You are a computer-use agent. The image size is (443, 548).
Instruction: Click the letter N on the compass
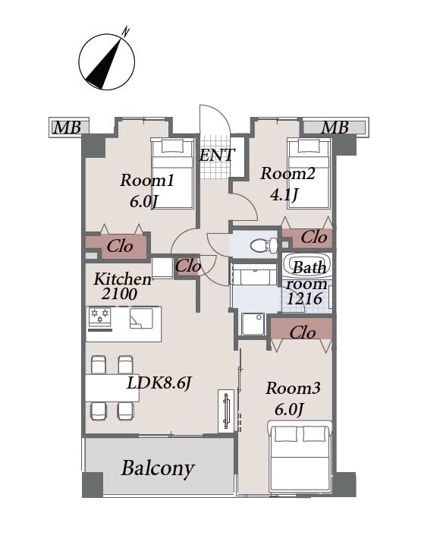tap(125, 32)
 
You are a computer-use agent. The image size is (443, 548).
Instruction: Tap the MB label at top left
tap(67, 128)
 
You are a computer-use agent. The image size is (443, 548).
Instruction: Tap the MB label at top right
tap(335, 128)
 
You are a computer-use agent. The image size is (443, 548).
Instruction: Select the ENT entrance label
tap(217, 155)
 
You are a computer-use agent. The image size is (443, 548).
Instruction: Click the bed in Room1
tap(173, 174)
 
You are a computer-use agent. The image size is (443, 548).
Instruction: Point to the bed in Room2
tap(309, 174)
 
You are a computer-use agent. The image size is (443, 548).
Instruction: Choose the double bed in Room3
tap(300, 456)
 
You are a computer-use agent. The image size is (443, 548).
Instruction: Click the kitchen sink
tap(141, 318)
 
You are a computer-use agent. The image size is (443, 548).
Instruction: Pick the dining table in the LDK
tap(112, 388)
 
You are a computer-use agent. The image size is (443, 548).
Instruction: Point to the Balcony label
tap(158, 468)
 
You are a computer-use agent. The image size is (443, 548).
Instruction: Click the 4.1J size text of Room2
tap(284, 194)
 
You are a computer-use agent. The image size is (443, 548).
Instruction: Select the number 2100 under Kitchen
tap(119, 294)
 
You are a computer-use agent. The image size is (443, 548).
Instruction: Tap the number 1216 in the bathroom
tap(304, 299)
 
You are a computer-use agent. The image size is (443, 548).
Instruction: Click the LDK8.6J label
tap(159, 384)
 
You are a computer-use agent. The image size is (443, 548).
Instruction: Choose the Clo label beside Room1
tap(120, 247)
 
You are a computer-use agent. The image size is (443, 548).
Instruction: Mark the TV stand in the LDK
tap(226, 410)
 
